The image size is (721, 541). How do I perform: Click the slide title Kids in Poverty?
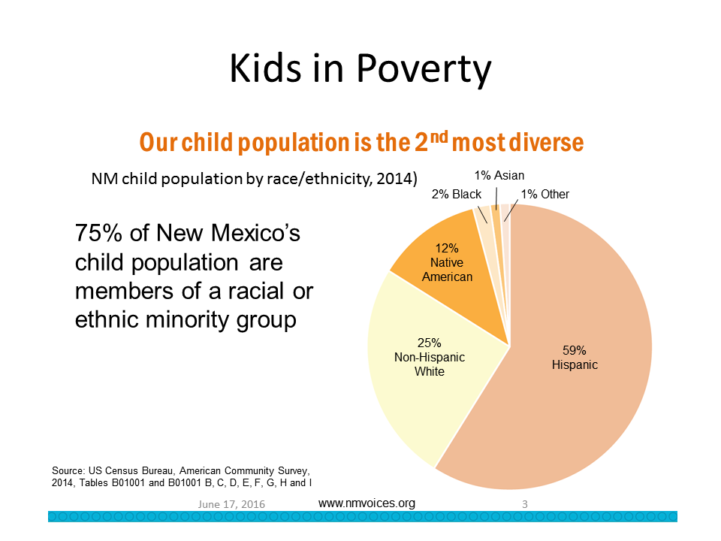[x=360, y=69]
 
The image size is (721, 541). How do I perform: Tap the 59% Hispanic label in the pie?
[x=575, y=357]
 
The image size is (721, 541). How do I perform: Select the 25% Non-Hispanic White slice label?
[x=430, y=357]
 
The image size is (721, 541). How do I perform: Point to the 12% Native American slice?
[x=448, y=262]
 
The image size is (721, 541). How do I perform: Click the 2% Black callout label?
[x=457, y=194]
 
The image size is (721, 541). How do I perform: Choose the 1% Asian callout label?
[x=499, y=176]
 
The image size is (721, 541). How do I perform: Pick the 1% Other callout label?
[x=545, y=194]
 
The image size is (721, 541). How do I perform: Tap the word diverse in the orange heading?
[x=542, y=142]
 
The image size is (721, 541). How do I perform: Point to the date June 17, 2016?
[x=231, y=505]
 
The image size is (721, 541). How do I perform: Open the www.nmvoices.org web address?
[x=367, y=503]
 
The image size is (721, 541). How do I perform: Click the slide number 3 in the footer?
[x=524, y=505]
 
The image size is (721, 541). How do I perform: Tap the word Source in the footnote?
[x=68, y=470]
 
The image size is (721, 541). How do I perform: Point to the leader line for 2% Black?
[x=482, y=213]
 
